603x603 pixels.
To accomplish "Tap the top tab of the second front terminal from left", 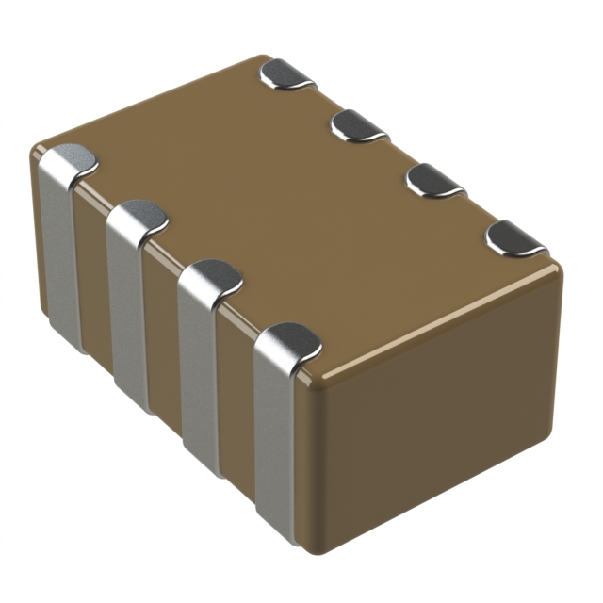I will point(139,219).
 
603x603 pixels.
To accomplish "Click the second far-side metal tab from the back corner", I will point(361,124).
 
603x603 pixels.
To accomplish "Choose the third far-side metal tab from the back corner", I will point(435,180).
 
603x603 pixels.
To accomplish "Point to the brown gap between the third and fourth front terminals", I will point(236,410).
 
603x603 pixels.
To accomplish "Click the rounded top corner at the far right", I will point(556,269).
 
